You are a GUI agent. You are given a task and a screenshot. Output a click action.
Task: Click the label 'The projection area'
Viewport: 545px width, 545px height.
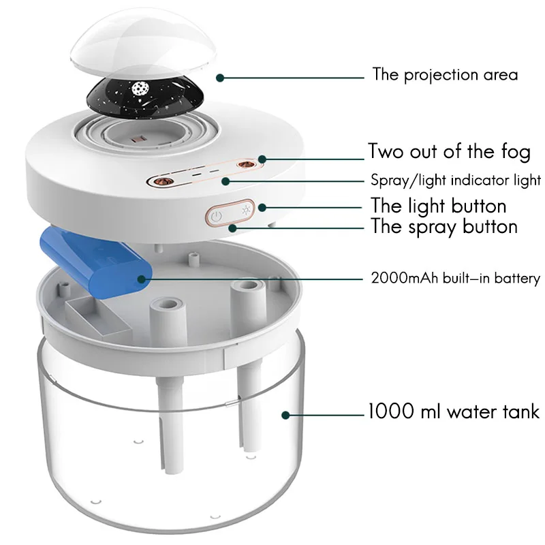click(444, 74)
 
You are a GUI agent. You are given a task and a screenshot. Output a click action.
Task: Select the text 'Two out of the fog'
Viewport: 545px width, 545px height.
click(449, 151)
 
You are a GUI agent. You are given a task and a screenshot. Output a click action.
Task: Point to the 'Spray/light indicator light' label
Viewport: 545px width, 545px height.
click(456, 181)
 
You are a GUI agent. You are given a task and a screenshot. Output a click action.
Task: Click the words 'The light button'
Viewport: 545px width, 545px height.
click(438, 205)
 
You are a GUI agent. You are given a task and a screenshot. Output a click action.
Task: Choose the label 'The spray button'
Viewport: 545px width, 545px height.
click(443, 226)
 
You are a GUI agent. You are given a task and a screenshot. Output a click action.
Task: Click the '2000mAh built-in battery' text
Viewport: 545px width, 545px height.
click(455, 278)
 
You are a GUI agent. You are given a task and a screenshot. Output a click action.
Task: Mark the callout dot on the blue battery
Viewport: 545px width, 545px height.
click(141, 278)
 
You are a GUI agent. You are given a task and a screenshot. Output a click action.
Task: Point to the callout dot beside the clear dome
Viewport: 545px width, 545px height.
click(219, 77)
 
